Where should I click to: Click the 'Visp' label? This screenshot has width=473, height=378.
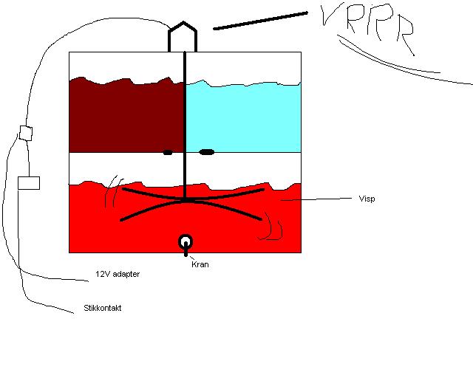point(367,199)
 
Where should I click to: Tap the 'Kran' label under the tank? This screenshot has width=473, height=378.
point(200,264)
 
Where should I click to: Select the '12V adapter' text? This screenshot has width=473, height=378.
point(118,274)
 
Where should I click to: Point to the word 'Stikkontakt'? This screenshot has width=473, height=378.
point(103,308)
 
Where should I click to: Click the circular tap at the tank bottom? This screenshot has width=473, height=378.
point(186,242)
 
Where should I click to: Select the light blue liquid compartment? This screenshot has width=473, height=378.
point(243,117)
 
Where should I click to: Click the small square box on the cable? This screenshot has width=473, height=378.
point(26,133)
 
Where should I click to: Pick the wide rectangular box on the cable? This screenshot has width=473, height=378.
point(29,183)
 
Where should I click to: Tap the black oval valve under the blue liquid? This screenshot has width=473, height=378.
point(207,152)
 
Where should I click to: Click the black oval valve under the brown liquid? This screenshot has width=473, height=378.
point(168,153)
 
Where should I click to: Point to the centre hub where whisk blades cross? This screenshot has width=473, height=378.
point(186,200)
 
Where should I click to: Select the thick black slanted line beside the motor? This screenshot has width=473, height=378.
point(261,21)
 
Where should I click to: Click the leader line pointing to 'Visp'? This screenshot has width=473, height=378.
point(316,199)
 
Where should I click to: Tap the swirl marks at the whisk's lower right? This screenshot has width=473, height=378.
point(270,226)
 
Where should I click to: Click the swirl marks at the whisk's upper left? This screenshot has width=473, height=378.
point(114,191)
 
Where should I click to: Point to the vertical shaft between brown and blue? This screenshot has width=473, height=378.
point(185,125)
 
